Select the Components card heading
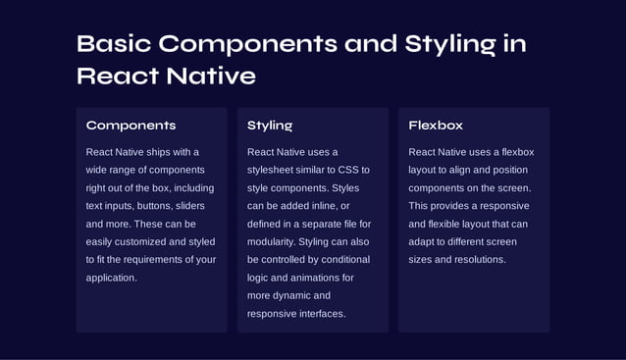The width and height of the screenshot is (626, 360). pyautogui.click(x=130, y=126)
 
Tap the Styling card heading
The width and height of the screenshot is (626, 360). pyautogui.click(x=270, y=126)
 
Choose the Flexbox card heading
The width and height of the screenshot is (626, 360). pyautogui.click(x=436, y=126)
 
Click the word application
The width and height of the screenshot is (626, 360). pyautogui.click(x=111, y=278)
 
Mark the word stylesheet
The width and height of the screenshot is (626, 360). pyautogui.click(x=275, y=170)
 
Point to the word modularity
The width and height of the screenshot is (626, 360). pyautogui.click(x=274, y=241)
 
